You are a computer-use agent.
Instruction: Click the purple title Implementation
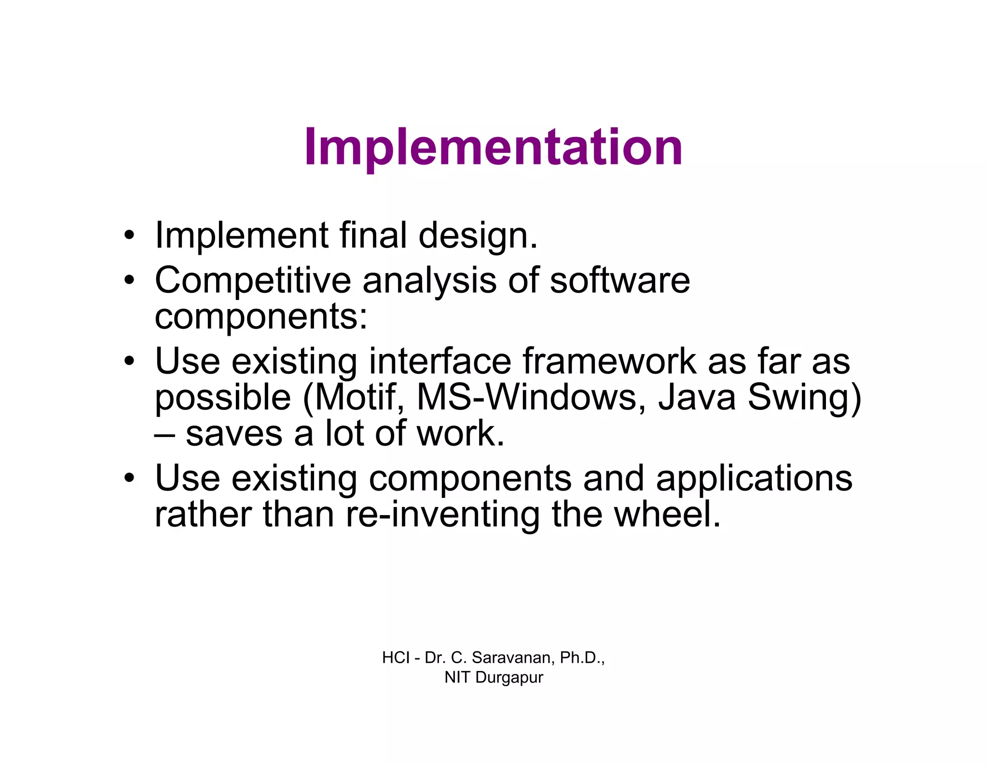point(493,147)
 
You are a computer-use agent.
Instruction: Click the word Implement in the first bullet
point(241,235)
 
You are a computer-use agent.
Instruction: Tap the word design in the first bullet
point(478,236)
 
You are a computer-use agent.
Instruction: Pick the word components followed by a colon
point(261,317)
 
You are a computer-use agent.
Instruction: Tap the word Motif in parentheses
point(355,397)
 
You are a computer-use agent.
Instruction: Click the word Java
point(697,397)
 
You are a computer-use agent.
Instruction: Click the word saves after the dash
point(234,434)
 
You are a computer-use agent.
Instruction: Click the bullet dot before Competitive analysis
point(128,280)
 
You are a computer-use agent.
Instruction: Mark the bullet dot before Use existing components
point(128,478)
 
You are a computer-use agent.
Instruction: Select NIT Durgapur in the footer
point(494,677)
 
